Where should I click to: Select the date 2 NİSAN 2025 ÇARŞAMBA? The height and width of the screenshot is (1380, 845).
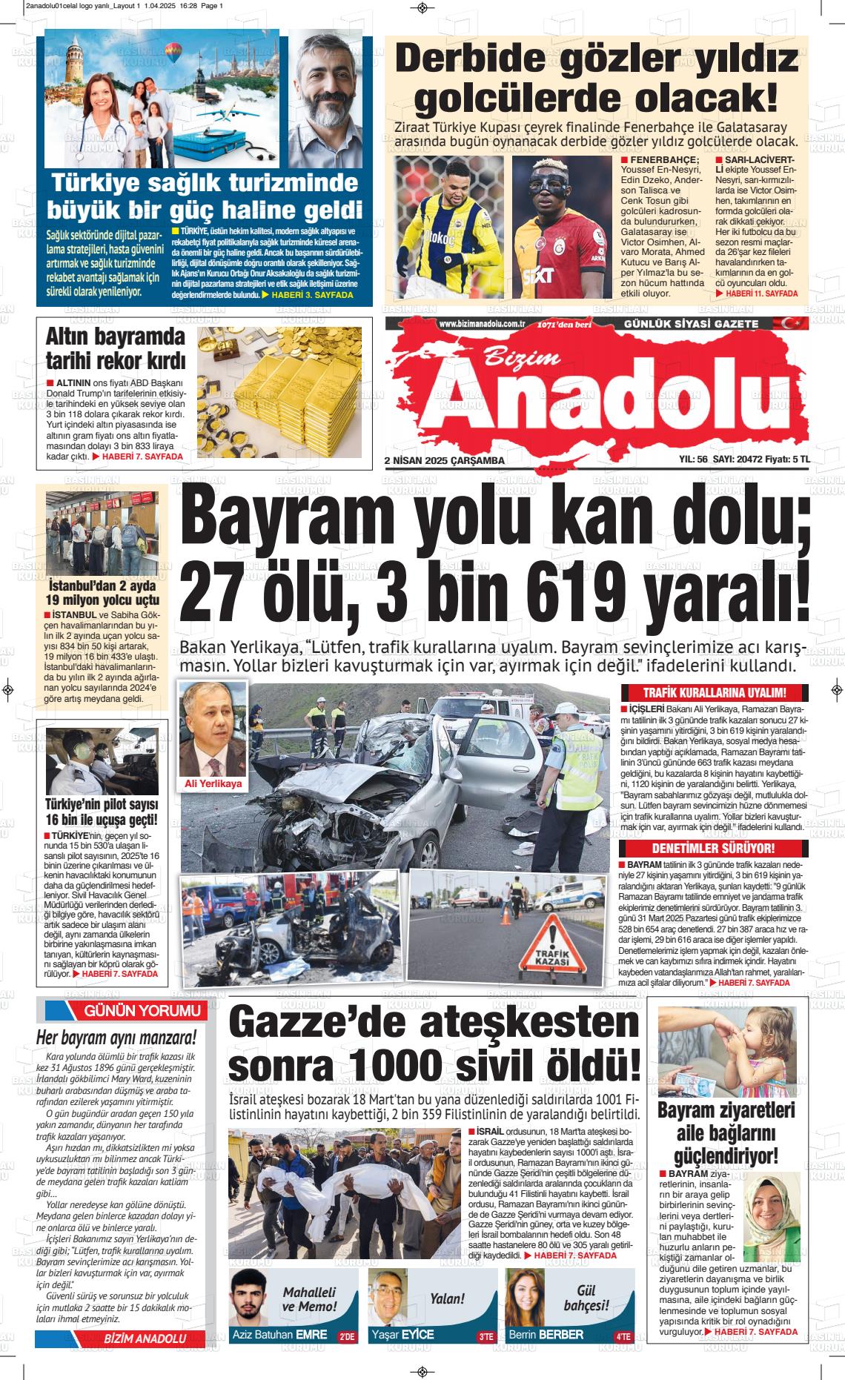tap(445, 460)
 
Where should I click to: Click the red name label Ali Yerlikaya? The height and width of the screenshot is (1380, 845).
tap(213, 783)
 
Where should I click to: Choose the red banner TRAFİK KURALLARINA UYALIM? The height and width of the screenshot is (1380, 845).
tap(715, 693)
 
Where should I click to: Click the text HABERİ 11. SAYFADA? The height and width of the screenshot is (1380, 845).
tap(761, 293)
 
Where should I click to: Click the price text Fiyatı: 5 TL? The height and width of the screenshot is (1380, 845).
tap(787, 460)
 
